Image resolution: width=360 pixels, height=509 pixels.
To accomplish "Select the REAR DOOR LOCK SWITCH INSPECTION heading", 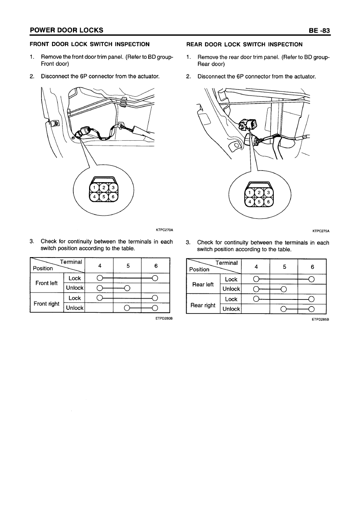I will point(244,44).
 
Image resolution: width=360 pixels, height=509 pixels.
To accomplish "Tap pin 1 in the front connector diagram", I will point(94,188).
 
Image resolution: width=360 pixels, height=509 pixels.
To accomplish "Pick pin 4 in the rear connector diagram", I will point(250,201).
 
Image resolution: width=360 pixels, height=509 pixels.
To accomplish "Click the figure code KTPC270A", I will point(164,230).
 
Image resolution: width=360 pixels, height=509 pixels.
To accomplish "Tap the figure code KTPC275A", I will point(320,231).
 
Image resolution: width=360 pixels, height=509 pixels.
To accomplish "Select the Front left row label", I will point(47,283).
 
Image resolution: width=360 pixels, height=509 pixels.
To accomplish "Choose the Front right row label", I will point(46,303).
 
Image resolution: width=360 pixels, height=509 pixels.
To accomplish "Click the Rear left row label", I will point(203,284).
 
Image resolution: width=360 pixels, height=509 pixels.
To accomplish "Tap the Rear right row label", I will point(203,305).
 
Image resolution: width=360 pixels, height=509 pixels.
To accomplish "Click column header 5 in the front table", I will point(128,266).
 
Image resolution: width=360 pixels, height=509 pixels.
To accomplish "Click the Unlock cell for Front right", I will point(75,308).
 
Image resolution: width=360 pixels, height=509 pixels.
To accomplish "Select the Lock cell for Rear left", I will point(231,279).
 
